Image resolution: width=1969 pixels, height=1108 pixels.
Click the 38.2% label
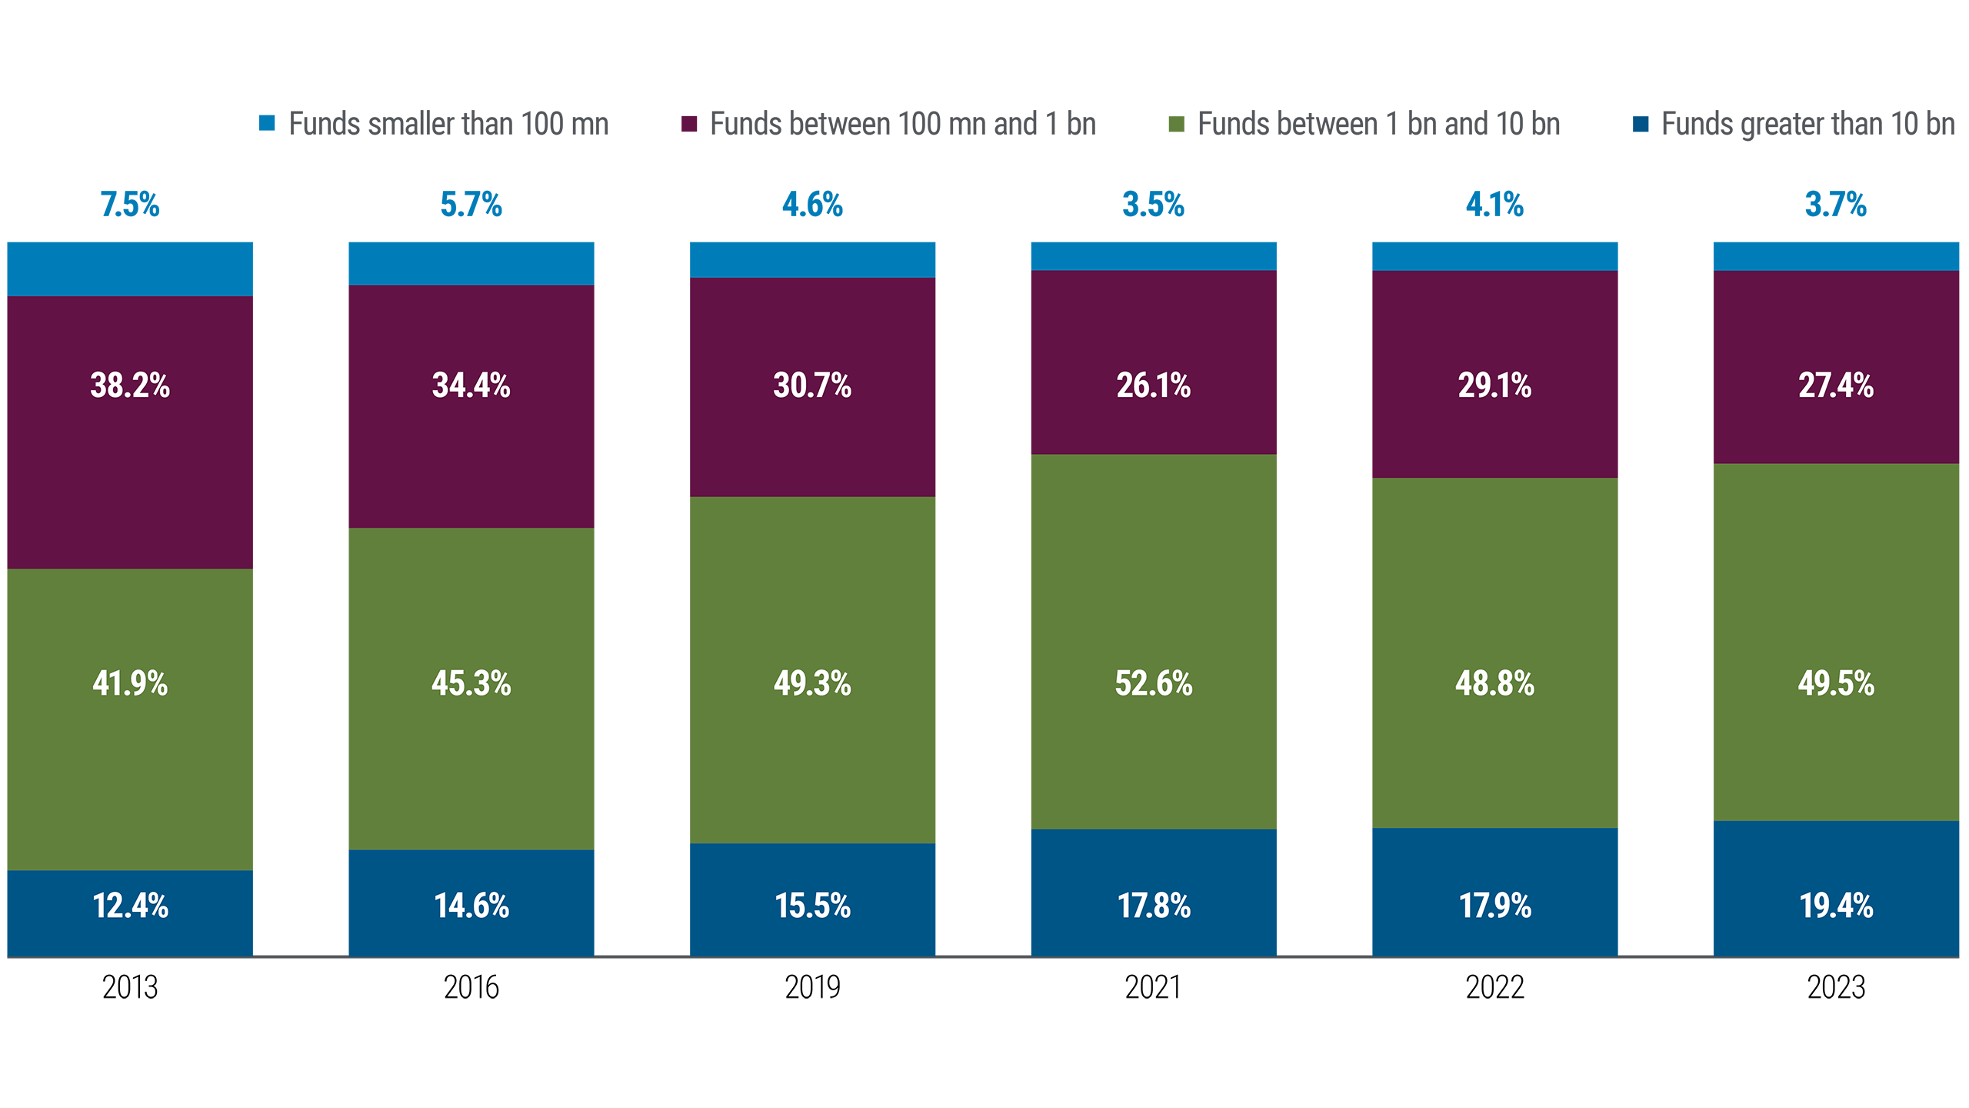click(x=130, y=385)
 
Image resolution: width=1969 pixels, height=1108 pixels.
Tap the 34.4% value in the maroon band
click(x=471, y=385)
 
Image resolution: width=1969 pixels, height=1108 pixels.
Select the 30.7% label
click(x=812, y=385)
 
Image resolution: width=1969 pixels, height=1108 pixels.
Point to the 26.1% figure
click(x=1154, y=385)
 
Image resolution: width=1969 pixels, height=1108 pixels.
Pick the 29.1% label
click(x=1494, y=385)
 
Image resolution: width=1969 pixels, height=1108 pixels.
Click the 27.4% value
click(x=1836, y=385)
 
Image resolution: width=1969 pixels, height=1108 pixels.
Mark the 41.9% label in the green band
click(x=130, y=683)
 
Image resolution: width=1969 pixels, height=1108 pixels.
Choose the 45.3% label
click(x=471, y=683)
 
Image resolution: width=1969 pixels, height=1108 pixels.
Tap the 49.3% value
click(x=812, y=683)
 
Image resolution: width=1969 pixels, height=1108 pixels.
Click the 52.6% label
click(x=1154, y=683)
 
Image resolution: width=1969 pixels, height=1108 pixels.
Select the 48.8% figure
click(x=1494, y=683)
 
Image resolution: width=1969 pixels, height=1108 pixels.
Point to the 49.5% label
click(x=1836, y=683)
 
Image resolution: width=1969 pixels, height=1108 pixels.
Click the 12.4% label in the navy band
click(x=130, y=906)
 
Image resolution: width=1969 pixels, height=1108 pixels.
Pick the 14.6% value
click(x=471, y=906)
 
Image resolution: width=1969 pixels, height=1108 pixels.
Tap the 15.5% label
click(x=812, y=906)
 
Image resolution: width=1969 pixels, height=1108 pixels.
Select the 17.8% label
click(x=1154, y=906)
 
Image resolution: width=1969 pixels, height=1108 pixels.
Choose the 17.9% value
click(x=1494, y=906)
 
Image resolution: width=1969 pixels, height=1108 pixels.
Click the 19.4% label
click(x=1836, y=906)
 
